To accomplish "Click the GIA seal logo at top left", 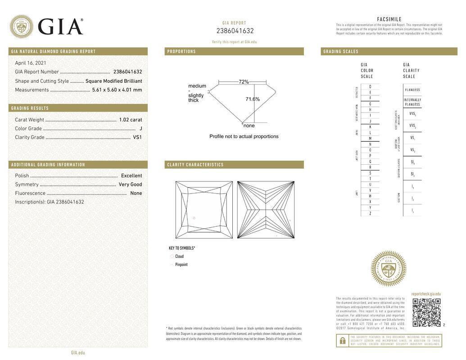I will tap(21, 27).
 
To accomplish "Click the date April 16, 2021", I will tap(31, 63).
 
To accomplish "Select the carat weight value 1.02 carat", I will tap(130, 120).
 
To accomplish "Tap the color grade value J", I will tap(140, 129).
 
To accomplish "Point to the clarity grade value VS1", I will tap(137, 137).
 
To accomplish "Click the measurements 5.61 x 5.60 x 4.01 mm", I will tap(117, 90).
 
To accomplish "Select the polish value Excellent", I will tap(131, 175).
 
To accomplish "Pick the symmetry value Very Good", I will tap(130, 184).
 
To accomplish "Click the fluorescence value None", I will tap(136, 193).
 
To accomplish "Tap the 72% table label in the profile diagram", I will tap(244, 82).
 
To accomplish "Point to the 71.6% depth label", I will tap(253, 99).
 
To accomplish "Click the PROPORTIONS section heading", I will tap(181, 51).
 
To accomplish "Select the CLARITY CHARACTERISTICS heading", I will tap(195, 165).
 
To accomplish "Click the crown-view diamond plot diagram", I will tap(204, 210).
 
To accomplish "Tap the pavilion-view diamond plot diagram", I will tap(266, 210).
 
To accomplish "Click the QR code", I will tap(426, 312).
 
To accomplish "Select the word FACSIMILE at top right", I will tap(389, 19).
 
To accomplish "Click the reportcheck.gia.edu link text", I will tap(426, 294).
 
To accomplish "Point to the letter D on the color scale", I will tap(370, 86).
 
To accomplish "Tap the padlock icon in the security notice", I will tap(343, 341).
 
